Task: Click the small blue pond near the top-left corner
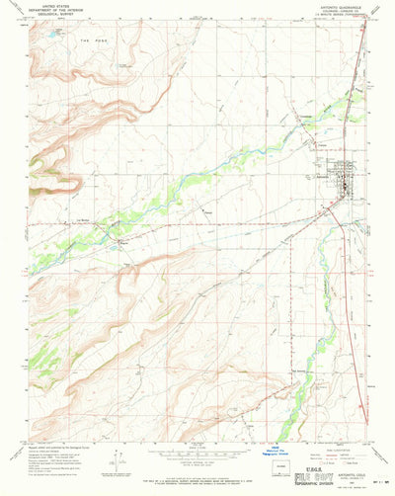tap(43, 42)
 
